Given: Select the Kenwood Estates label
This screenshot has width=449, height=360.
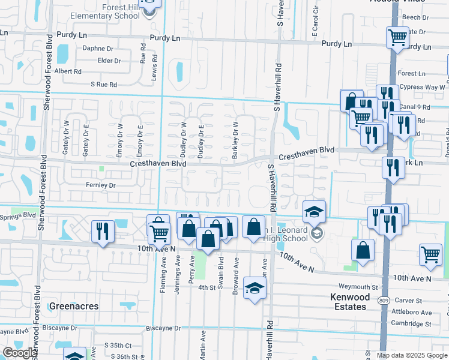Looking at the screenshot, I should tap(348, 302).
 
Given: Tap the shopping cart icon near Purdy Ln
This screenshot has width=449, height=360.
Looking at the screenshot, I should tap(397, 37).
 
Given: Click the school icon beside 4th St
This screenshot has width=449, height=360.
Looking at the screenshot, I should tap(255, 290).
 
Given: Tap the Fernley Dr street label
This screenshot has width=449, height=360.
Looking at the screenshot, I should tap(100, 185).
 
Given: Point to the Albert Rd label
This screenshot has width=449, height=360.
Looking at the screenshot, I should tap(68, 71).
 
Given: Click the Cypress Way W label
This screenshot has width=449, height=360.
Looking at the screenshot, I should tap(421, 87).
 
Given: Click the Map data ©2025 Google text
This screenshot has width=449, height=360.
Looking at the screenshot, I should tap(411, 355).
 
